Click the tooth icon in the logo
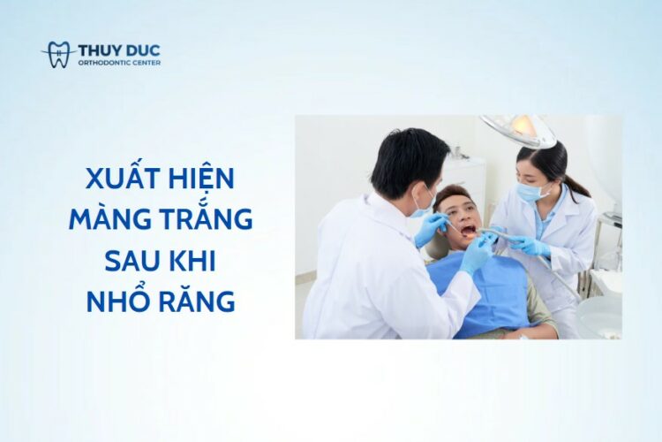[x=58, y=55]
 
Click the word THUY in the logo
[x=99, y=50]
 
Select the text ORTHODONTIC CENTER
[x=119, y=63]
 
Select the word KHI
[x=192, y=261]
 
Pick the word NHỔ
[x=117, y=300]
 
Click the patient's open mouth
[x=469, y=231]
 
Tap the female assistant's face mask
[x=530, y=191]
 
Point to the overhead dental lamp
[x=520, y=129]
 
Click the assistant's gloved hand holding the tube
[x=529, y=247]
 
